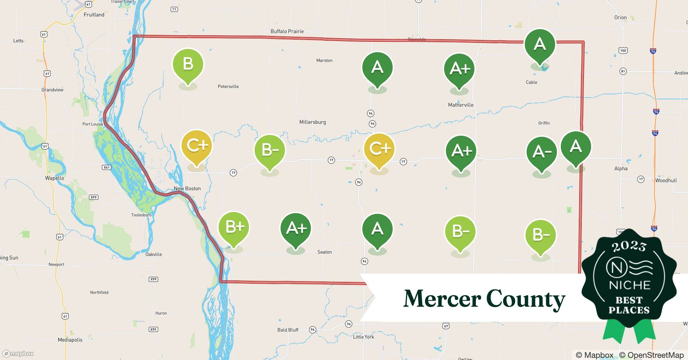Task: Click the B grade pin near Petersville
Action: (x=188, y=65)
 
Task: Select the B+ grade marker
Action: (x=234, y=228)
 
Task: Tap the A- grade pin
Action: (x=541, y=152)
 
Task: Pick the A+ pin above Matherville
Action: (x=459, y=69)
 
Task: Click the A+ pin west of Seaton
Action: (x=296, y=228)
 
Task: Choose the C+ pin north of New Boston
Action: (x=197, y=145)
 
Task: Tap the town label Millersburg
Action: (x=312, y=122)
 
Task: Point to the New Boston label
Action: (x=187, y=188)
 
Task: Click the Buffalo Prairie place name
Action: (x=287, y=31)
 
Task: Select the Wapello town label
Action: (x=54, y=178)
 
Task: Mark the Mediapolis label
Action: (x=70, y=339)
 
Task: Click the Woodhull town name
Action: (x=666, y=180)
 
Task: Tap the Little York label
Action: (x=363, y=337)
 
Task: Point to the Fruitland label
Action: (x=94, y=15)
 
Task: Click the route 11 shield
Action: (x=174, y=9)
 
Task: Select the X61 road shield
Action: (x=106, y=167)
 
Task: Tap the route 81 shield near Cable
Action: (x=623, y=71)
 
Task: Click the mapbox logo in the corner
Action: (x=18, y=354)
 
